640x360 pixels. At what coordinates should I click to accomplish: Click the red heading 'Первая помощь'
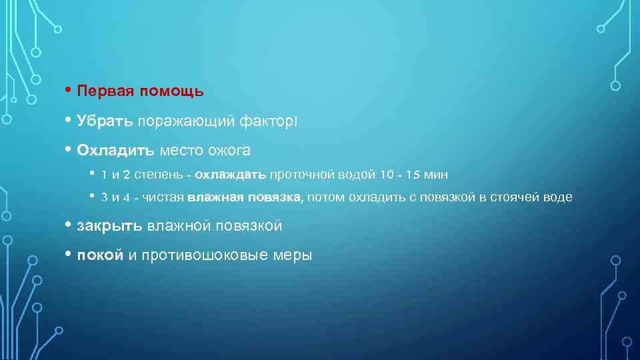[x=140, y=90]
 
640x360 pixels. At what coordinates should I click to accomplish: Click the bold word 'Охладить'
[x=115, y=151]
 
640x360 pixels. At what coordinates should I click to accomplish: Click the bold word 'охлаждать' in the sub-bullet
[x=231, y=175]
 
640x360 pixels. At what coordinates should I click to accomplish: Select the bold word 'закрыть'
[x=109, y=226]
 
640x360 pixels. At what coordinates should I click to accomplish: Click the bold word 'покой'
[x=100, y=255]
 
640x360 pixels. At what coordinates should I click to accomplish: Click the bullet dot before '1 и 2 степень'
[x=92, y=174]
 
